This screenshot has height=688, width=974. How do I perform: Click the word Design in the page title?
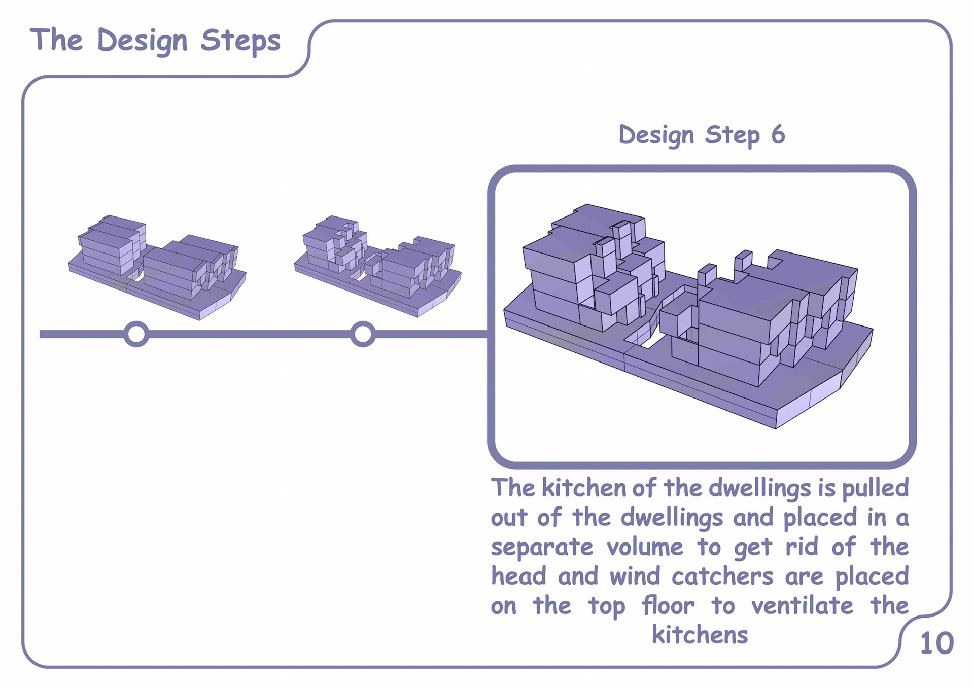142,41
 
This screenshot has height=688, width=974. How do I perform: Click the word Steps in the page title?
240,41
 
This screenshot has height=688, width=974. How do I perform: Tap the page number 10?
936,643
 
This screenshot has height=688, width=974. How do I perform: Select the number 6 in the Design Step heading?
778,135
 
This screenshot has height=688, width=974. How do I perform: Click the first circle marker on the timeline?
136,334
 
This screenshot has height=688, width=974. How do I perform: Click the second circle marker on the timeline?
363,334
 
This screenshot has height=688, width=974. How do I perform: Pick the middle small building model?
378,266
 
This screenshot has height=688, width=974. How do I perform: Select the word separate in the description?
542,548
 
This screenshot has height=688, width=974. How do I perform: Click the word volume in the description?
645,547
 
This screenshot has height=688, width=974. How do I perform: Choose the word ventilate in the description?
802,606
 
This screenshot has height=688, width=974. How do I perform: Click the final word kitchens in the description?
700,635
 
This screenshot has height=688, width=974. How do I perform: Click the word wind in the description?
635,576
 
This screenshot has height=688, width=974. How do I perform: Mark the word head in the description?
518,576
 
